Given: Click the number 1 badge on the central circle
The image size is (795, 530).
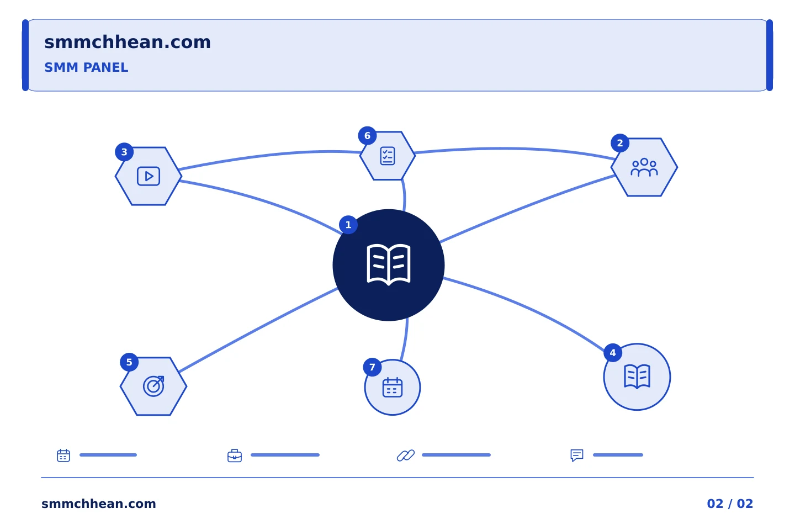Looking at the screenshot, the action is pyautogui.click(x=348, y=225).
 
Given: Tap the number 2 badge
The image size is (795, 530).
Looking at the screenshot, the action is pyautogui.click(x=620, y=143).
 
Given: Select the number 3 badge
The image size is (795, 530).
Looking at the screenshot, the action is pyautogui.click(x=124, y=152).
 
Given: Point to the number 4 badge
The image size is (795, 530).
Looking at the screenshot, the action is pyautogui.click(x=613, y=353).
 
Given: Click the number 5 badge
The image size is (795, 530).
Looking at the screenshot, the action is pyautogui.click(x=129, y=362).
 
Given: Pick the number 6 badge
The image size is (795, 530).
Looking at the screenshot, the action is pyautogui.click(x=367, y=136).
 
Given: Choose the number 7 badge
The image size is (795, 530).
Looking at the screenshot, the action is pyautogui.click(x=372, y=367).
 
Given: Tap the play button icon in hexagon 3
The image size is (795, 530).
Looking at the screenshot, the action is pyautogui.click(x=149, y=176).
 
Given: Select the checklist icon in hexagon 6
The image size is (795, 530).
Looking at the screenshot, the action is pyautogui.click(x=388, y=156).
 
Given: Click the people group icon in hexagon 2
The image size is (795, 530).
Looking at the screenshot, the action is pyautogui.click(x=644, y=167).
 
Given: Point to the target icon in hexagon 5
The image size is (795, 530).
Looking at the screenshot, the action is pyautogui.click(x=153, y=386).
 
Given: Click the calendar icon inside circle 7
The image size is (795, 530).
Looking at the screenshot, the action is pyautogui.click(x=393, y=388).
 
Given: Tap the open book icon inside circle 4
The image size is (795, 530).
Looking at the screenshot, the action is pyautogui.click(x=637, y=377).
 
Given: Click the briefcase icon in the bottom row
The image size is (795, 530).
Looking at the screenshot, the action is pyautogui.click(x=235, y=455).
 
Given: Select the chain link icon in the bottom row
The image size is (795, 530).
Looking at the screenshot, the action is pyautogui.click(x=406, y=455).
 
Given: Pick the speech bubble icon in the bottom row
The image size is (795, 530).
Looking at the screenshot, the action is pyautogui.click(x=577, y=455).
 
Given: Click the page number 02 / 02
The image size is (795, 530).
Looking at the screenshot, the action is pyautogui.click(x=730, y=504).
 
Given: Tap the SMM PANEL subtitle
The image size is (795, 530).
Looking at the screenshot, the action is pyautogui.click(x=86, y=67).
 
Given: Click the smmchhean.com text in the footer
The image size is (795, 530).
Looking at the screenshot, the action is pyautogui.click(x=99, y=504).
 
